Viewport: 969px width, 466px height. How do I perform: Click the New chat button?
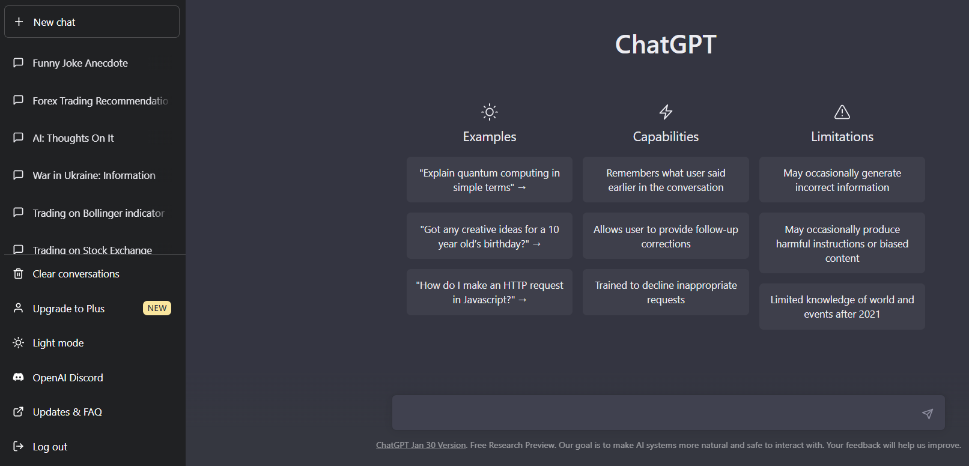(91, 22)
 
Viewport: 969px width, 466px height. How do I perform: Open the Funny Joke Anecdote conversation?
(80, 63)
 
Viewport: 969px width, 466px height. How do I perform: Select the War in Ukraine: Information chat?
(94, 175)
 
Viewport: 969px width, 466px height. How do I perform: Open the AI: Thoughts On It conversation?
(73, 138)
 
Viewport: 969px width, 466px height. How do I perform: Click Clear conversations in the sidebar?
(76, 274)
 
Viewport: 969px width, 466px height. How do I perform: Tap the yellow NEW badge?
(157, 308)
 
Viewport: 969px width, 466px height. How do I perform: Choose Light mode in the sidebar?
(58, 343)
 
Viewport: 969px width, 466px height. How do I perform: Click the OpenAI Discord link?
(67, 378)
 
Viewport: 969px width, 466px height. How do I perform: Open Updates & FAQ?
(67, 412)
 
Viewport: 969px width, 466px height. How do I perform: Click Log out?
(50, 447)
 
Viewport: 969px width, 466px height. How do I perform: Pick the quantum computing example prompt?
(489, 180)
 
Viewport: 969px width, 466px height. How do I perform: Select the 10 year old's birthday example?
(489, 237)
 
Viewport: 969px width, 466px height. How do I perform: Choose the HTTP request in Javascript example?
(489, 292)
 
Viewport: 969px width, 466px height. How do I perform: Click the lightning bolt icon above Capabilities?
(666, 112)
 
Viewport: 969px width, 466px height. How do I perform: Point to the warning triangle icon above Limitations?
(842, 112)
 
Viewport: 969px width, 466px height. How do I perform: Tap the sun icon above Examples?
(490, 112)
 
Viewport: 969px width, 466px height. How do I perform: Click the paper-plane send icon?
(928, 413)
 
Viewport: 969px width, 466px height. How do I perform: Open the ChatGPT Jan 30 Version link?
(421, 445)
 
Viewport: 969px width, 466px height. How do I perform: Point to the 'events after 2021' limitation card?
(842, 307)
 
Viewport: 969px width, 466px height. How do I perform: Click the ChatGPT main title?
(666, 44)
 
